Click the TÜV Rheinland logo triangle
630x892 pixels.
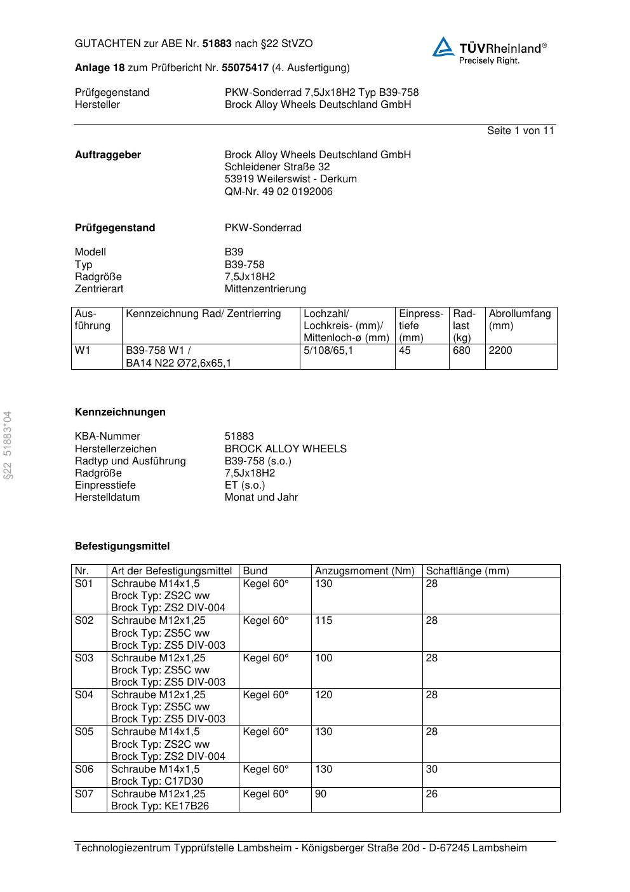444,47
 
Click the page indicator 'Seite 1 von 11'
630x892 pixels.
520,131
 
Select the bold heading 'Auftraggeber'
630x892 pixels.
108,155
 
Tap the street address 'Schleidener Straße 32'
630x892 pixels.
277,167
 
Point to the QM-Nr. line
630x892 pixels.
278,192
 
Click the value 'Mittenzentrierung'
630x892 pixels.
265,289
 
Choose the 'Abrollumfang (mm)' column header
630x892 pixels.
519,320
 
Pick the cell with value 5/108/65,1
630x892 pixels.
328,351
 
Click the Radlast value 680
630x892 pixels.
462,351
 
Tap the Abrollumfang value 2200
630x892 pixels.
500,351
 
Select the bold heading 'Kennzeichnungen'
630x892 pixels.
120,412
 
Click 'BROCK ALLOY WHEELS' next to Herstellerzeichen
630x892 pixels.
285,449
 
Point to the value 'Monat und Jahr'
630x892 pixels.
261,497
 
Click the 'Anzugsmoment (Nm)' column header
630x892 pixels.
365,571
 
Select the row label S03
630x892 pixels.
84,658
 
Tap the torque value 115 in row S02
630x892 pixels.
323,621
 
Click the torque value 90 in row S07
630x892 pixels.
321,794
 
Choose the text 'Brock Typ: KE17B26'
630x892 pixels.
159,806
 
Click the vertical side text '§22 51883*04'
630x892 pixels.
8,445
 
